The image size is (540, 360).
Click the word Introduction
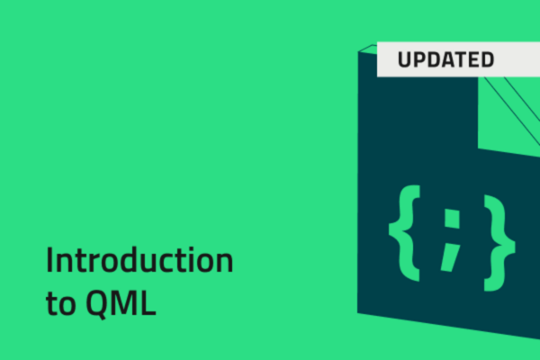139,261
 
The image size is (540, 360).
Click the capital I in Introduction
49,261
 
